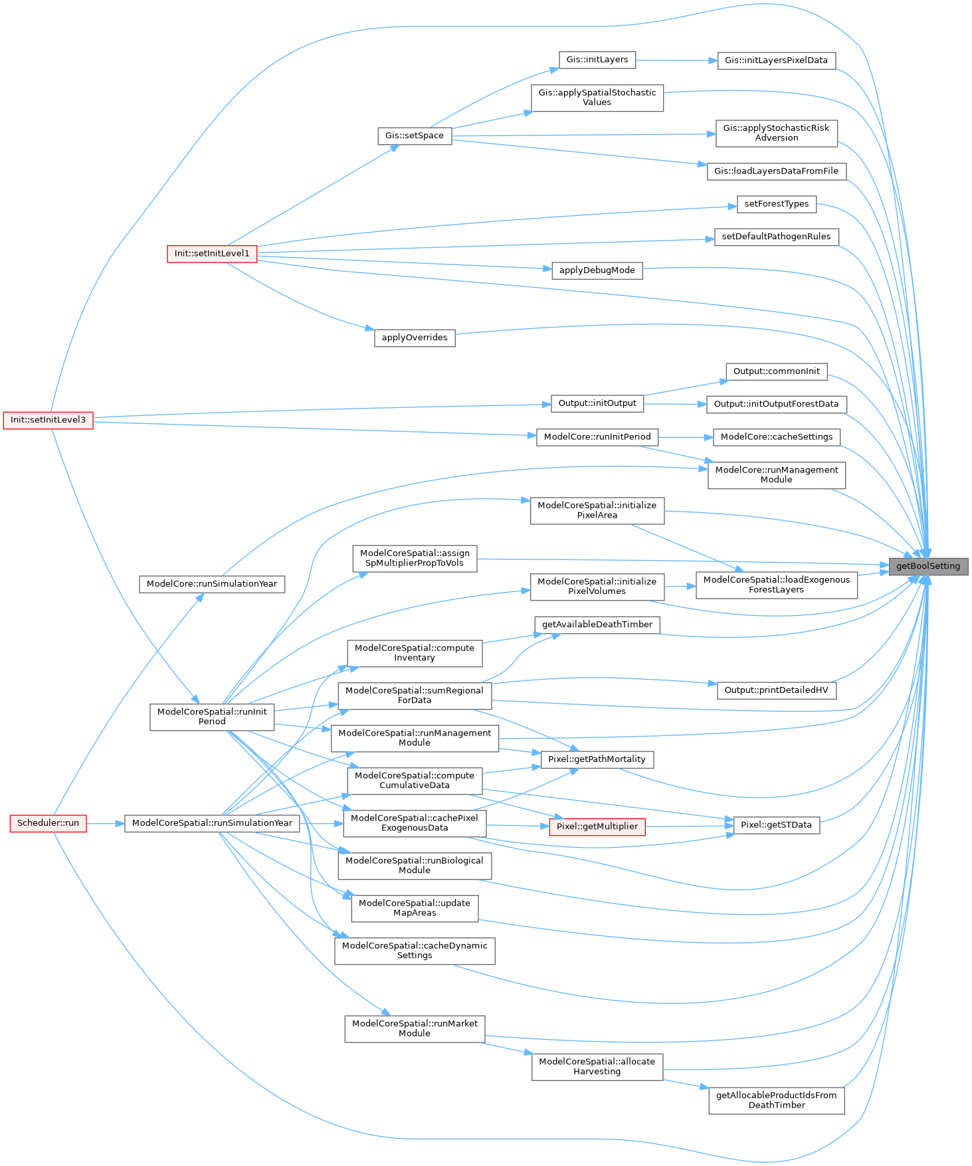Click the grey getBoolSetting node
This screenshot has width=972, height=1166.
coord(928,566)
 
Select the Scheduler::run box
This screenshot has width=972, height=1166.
coord(48,823)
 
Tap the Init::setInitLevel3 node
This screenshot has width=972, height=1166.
coord(48,420)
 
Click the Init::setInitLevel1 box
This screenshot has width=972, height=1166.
coord(212,254)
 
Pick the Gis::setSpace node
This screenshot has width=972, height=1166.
coord(415,136)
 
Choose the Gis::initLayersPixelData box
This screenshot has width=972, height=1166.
coord(776,60)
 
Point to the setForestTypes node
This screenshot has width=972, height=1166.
coord(776,204)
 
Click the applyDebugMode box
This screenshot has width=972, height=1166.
coord(597,270)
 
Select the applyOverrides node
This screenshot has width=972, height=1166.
coord(415,338)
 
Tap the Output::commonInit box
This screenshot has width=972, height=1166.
coord(776,371)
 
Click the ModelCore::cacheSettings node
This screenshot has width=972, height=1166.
coord(776,437)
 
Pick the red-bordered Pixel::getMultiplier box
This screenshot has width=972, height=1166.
coord(597,826)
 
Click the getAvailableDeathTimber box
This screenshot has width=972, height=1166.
coord(597,625)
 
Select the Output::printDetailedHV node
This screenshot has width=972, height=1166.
coord(776,690)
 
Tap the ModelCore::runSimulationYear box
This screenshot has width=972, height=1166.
coord(212,584)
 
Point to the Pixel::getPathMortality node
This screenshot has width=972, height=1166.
coord(597,759)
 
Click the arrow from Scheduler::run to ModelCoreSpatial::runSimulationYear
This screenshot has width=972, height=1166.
coord(105,824)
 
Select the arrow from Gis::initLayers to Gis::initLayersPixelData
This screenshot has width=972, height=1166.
coord(676,60)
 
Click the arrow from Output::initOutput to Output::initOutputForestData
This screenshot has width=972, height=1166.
coord(674,404)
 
